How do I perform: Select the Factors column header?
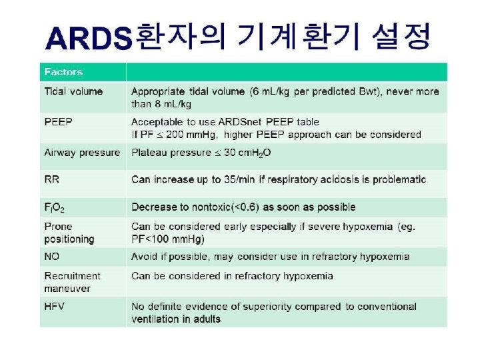tap(63, 72)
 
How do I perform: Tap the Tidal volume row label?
tap(73, 91)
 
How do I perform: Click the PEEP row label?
tap(58, 122)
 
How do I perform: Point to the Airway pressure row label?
tap(82, 153)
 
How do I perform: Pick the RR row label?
tap(51, 179)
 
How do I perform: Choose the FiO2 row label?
tap(54, 207)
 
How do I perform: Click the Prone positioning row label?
tap(69, 233)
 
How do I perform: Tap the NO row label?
tap(52, 257)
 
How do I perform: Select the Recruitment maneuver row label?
tap(72, 282)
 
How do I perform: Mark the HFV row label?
tap(55, 307)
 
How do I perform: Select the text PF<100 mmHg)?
tap(168, 239)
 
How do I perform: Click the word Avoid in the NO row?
tap(145, 257)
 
